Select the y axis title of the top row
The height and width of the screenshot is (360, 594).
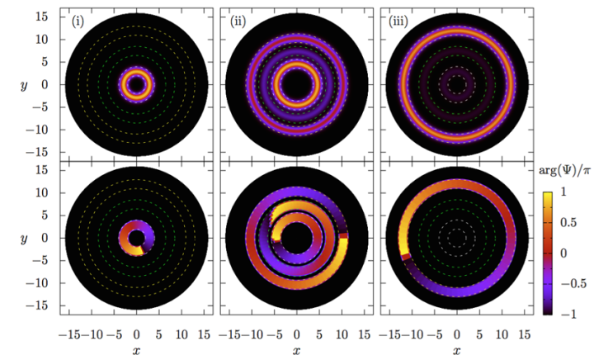click(x=26, y=85)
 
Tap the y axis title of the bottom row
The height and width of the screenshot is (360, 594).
click(x=26, y=239)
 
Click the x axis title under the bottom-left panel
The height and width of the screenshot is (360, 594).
click(x=137, y=351)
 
